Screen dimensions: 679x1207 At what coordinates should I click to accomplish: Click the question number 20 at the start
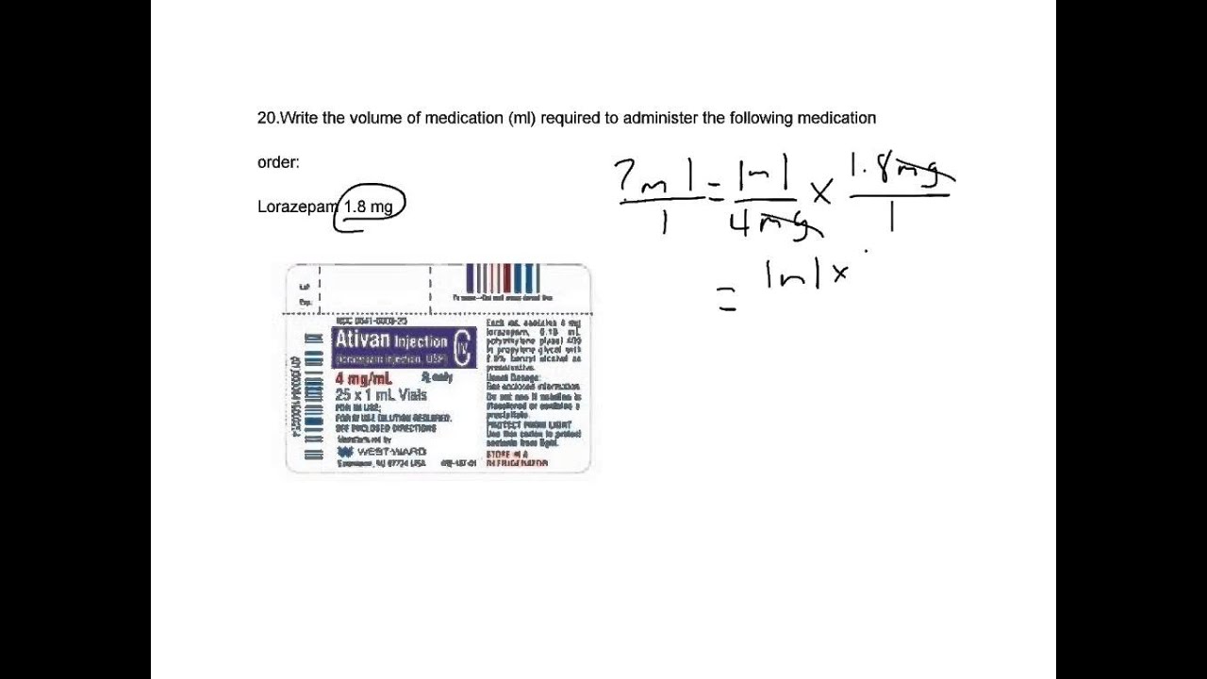pos(267,118)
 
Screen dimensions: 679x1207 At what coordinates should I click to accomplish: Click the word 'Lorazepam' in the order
pos(297,207)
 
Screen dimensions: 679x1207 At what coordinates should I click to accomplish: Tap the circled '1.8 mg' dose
pos(369,207)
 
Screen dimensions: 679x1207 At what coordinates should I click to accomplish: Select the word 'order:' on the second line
pos(278,162)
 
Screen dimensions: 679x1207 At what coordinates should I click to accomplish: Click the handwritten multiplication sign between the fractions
pos(821,193)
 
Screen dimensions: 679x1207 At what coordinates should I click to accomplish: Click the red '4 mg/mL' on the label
pos(363,379)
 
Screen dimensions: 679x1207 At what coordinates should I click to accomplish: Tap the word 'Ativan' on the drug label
pos(362,340)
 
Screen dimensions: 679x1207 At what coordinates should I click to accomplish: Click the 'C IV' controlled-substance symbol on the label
pos(462,348)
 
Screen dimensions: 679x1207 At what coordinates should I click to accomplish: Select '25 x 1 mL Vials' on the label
pos(381,395)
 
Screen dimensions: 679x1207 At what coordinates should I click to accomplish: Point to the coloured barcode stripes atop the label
pos(504,278)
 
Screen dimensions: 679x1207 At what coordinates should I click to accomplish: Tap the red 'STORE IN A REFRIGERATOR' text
pos(516,459)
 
